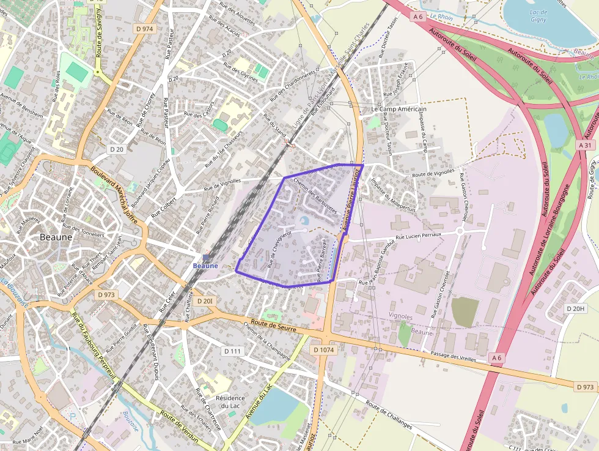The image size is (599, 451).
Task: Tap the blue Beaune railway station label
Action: click(x=205, y=266)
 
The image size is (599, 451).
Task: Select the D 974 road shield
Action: click(x=145, y=28)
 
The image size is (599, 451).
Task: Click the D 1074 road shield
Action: click(x=323, y=350)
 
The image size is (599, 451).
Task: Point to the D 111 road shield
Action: click(x=233, y=351)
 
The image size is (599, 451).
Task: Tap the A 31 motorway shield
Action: click(x=585, y=145)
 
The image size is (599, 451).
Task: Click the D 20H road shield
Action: click(x=575, y=308)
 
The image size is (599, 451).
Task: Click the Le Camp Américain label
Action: click(x=399, y=109)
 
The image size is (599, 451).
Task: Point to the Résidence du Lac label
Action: click(x=230, y=402)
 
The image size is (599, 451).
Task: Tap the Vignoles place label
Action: click(x=400, y=316)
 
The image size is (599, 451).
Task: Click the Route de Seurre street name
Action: click(x=273, y=329)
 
